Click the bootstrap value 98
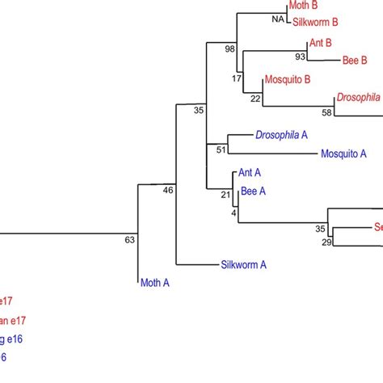pyautogui.click(x=230, y=49)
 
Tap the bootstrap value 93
pyautogui.click(x=300, y=57)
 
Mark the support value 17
pyautogui.click(x=236, y=78)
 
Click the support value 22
pyautogui.click(x=255, y=99)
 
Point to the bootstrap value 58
pyautogui.click(x=327, y=112)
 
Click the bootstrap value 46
pyautogui.click(x=168, y=191)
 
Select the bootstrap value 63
pyautogui.click(x=129, y=239)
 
